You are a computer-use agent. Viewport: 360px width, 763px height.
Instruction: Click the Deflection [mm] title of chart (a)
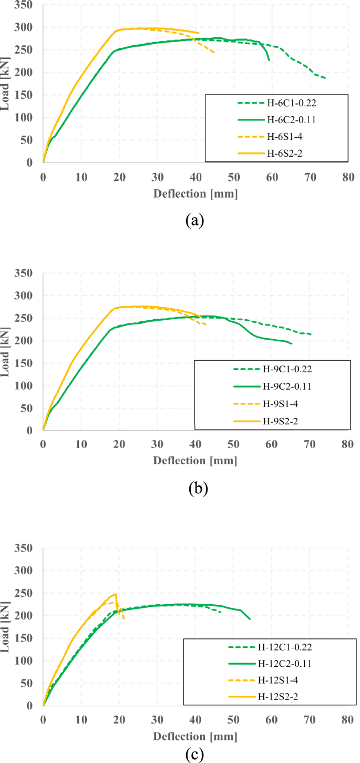point(196,194)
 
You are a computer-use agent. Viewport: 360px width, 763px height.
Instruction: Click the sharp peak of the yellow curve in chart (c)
point(115,594)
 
